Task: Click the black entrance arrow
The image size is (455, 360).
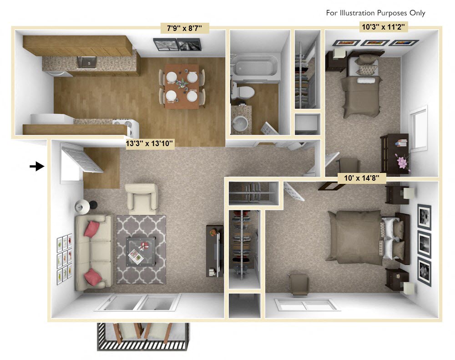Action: click(x=37, y=167)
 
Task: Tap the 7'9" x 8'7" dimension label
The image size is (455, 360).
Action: click(x=185, y=29)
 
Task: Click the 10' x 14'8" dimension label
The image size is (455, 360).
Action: click(x=362, y=178)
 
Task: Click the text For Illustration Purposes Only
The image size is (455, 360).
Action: click(x=375, y=13)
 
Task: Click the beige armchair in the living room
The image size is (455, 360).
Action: click(x=142, y=198)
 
